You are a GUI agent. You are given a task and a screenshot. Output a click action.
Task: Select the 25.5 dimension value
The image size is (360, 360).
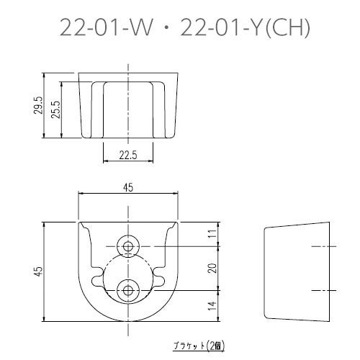coord(56,109)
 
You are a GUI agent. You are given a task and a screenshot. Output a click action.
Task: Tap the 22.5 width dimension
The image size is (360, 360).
coord(128,156)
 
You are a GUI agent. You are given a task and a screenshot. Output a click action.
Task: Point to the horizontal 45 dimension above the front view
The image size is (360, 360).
coord(129,188)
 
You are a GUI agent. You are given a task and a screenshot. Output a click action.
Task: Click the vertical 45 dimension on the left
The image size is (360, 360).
coord(39,271)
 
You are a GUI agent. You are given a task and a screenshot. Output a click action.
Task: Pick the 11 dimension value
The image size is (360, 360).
coord(213,234)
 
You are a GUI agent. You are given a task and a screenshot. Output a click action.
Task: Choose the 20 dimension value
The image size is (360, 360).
coord(213,268)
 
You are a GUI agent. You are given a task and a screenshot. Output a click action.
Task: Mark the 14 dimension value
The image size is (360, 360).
coord(213,306)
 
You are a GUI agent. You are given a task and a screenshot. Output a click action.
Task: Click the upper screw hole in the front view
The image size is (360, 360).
coord(128,246)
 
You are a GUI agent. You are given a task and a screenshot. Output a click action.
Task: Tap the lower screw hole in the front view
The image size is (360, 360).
coord(128,290)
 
